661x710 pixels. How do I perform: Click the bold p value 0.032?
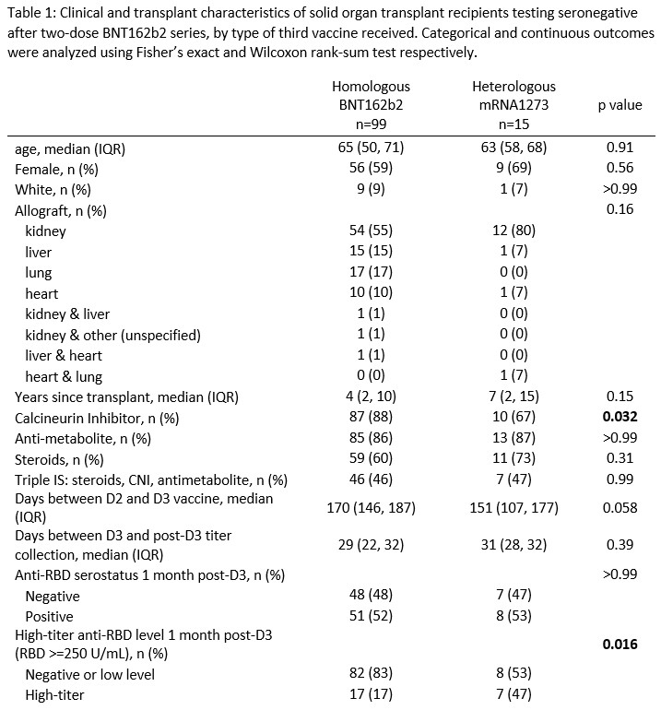pyautogui.click(x=620, y=418)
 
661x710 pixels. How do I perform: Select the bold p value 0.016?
pyautogui.click(x=620, y=645)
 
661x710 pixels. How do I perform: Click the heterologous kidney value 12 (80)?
pyautogui.click(x=513, y=231)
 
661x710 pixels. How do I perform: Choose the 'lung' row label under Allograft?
pyautogui.click(x=39, y=273)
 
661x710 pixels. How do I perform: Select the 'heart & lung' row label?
pyautogui.click(x=64, y=376)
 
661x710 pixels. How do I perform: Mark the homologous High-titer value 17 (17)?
pyautogui.click(x=371, y=694)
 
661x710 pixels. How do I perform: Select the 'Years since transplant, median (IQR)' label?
pyautogui.click(x=126, y=397)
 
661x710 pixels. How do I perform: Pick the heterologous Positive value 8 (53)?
pyautogui.click(x=513, y=616)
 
